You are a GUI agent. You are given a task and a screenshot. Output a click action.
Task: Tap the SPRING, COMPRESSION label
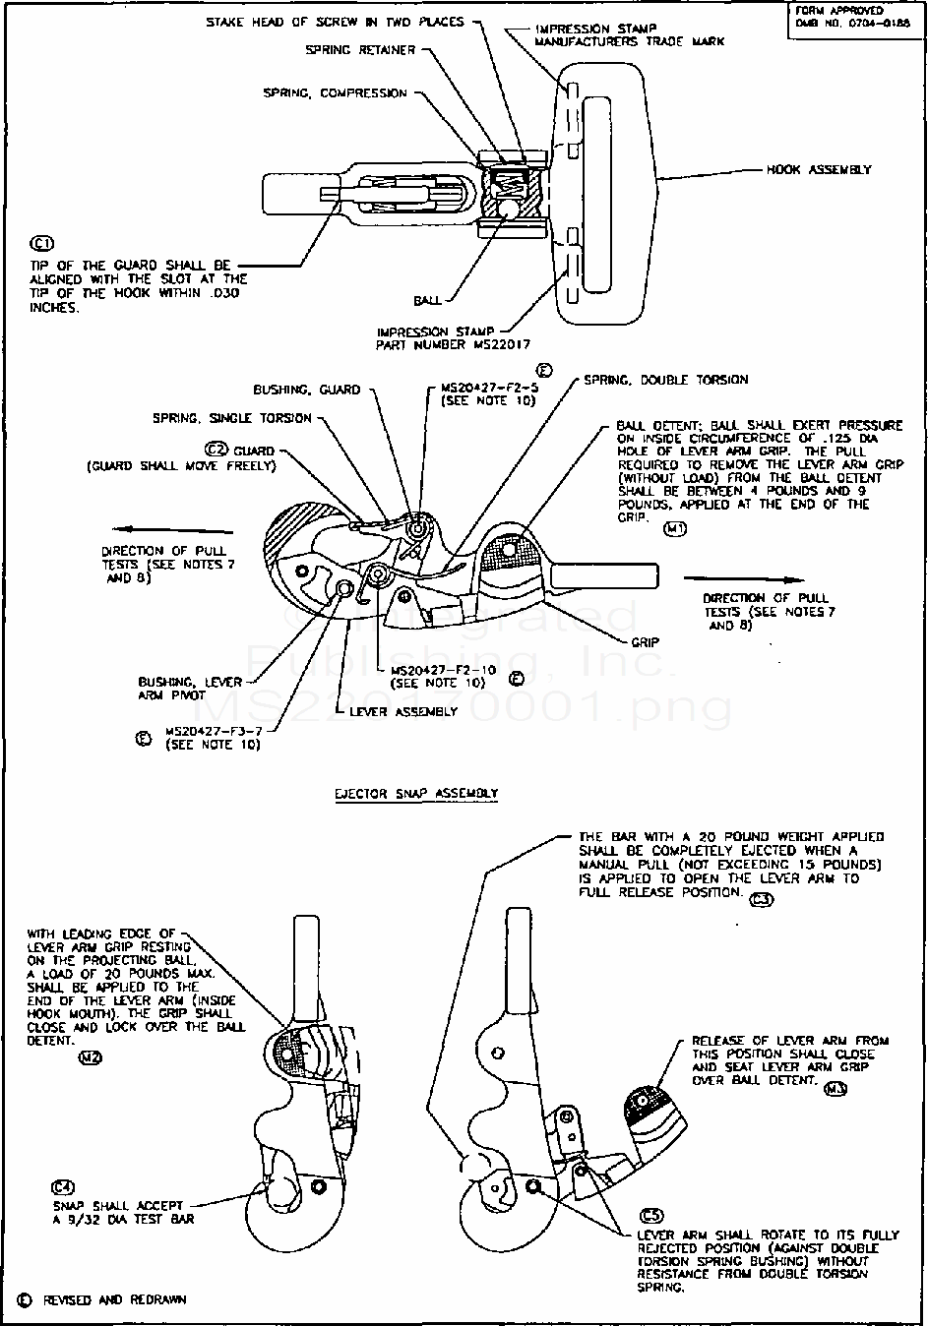tap(335, 93)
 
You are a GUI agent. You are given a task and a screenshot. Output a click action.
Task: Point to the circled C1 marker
tap(42, 244)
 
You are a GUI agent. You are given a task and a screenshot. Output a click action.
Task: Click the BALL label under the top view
tap(427, 301)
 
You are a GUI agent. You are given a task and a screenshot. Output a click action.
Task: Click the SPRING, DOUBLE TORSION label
tap(665, 379)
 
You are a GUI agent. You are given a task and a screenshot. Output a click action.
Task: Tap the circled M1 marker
tap(674, 528)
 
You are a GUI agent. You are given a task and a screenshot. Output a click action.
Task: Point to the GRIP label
tap(646, 641)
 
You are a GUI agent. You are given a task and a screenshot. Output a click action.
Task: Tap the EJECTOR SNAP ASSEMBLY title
tap(416, 793)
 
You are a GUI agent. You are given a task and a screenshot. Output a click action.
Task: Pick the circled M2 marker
tap(90, 1058)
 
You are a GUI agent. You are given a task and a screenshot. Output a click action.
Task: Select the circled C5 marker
tap(651, 1215)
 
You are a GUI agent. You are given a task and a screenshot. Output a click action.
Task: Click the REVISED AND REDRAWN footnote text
tap(114, 1299)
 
